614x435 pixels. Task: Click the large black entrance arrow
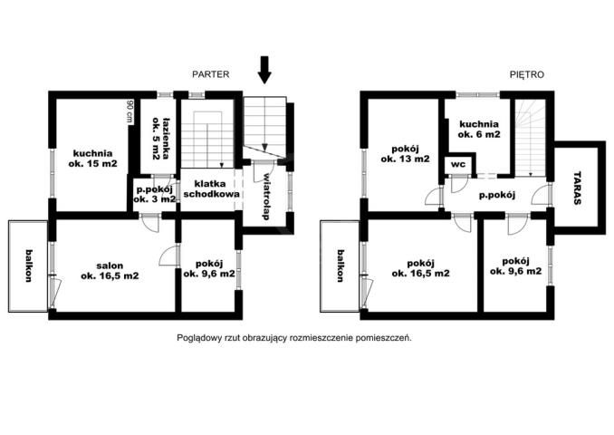(264, 70)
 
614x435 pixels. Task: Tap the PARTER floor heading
(211, 74)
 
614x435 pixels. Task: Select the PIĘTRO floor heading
(527, 74)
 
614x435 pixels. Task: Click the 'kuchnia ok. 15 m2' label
(92, 159)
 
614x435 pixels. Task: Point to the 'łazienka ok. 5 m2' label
(161, 139)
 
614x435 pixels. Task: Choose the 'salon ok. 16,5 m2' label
(110, 271)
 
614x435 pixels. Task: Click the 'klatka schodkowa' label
(211, 188)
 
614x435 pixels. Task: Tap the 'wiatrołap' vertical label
(266, 196)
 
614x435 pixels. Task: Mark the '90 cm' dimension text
(130, 111)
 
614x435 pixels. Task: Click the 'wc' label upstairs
(457, 164)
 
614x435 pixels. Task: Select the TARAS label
(577, 188)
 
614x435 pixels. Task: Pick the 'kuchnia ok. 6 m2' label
(479, 130)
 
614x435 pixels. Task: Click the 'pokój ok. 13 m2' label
(406, 154)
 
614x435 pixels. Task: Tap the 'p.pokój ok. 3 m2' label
(154, 194)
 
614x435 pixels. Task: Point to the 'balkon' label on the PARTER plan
(29, 266)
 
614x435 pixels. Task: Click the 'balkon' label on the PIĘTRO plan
(341, 266)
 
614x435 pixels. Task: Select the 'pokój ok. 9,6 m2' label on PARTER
(209, 268)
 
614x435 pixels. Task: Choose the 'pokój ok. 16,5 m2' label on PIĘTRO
(420, 268)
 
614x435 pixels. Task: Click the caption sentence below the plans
(294, 338)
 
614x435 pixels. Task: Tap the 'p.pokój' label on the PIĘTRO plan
(497, 195)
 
